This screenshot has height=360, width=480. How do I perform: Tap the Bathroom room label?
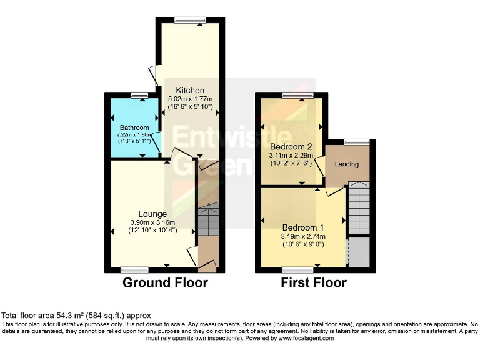(135, 127)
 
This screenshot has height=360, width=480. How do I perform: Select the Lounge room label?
(152, 214)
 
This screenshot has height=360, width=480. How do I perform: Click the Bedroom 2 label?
(291, 147)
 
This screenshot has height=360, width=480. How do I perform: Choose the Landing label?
(348, 164)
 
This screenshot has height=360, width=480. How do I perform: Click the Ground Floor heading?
(165, 282)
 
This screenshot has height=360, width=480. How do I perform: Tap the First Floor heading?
(314, 282)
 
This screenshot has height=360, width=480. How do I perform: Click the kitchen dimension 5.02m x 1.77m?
(190, 98)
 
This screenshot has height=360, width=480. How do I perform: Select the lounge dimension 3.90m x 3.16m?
(152, 222)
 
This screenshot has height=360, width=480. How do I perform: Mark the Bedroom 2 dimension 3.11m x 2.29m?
(291, 156)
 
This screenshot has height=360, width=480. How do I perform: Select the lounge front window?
(134, 270)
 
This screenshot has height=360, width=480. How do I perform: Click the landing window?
(357, 141)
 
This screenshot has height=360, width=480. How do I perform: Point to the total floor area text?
(76, 316)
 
